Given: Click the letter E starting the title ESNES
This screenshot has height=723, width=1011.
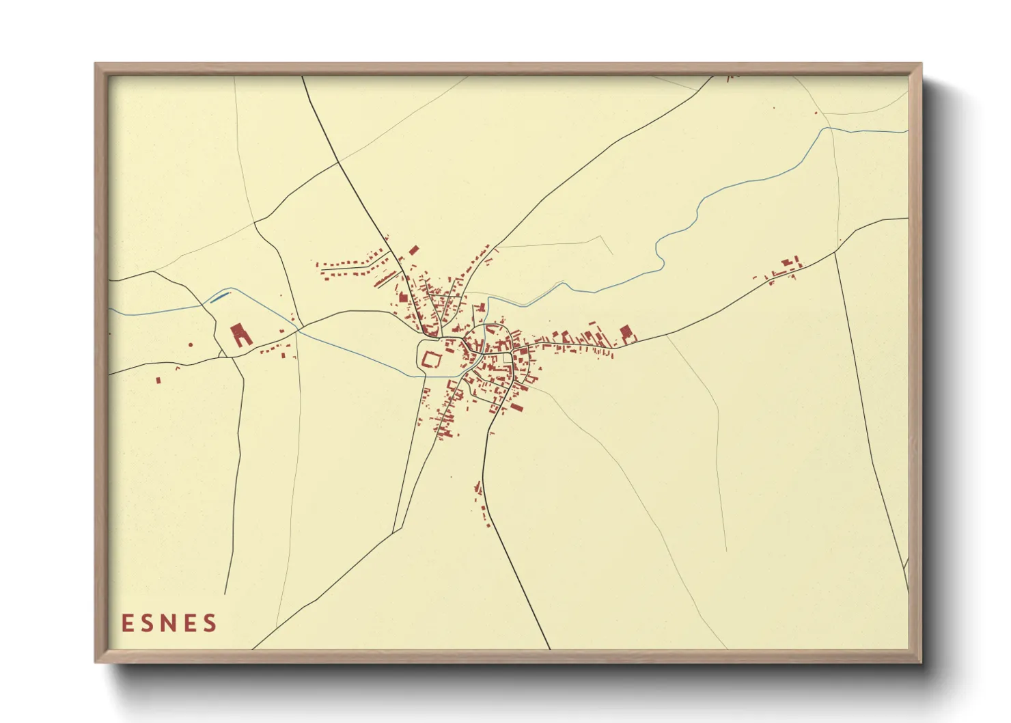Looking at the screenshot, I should pos(127,623).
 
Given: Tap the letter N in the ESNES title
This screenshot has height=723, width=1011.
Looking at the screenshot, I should pos(170,623).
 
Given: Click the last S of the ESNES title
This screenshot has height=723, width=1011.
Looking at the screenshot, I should pos(210,623).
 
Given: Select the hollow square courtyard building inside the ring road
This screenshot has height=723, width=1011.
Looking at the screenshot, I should pos(431,359).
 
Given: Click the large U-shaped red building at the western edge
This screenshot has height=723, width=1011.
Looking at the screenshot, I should pos(240,334).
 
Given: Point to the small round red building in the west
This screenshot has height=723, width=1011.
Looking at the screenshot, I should pos(191,344).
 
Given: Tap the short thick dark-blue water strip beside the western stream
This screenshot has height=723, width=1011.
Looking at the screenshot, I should pos(220,296).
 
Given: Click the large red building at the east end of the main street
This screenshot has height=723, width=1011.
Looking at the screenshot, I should pos(626,333).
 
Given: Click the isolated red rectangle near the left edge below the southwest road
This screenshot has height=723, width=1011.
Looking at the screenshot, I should pos(158,380).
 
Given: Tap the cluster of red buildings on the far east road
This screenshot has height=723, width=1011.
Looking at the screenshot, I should pos(786,269).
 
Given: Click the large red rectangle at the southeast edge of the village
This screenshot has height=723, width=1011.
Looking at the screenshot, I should pos(517,407).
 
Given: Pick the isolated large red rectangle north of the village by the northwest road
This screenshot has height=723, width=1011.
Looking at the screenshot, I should pos(413,251).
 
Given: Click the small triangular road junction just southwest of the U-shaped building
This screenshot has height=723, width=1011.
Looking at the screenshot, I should pos(222,355).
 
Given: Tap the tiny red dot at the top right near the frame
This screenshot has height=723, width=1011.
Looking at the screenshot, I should pos(816,113).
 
